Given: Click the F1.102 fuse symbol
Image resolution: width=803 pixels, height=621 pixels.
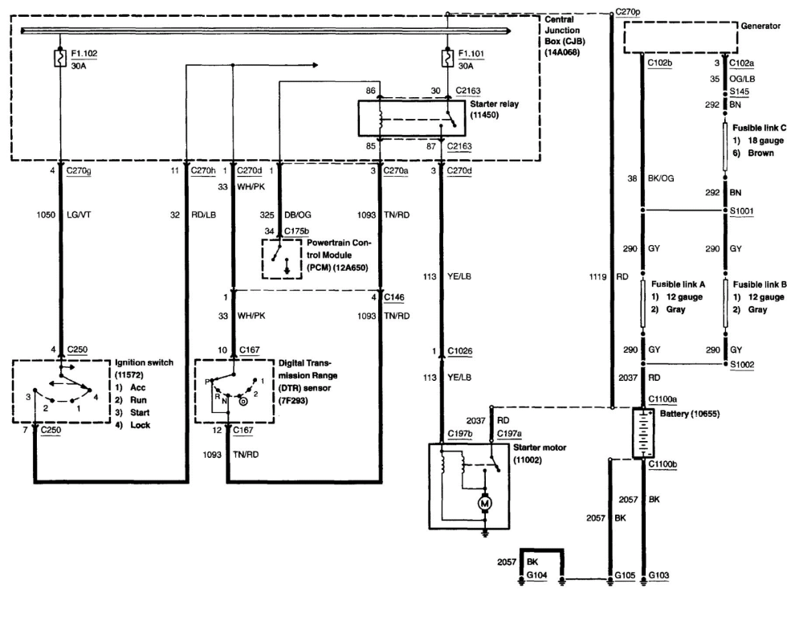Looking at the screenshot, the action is click(60, 58).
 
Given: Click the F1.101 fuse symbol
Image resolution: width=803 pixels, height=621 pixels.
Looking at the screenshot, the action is click(447, 58).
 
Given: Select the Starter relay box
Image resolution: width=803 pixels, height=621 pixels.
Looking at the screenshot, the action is click(412, 118).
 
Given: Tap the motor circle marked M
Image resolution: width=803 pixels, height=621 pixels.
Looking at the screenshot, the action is click(484, 504).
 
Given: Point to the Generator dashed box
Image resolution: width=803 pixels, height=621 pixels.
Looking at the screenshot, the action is click(681, 38).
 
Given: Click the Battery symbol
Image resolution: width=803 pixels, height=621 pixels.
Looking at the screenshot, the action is click(643, 433).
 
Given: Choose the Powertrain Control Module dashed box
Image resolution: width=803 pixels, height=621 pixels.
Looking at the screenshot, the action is click(282, 259).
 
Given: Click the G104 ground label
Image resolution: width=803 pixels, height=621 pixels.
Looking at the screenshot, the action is click(536, 575).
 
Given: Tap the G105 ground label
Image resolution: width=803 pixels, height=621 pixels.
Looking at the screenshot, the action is click(625, 575).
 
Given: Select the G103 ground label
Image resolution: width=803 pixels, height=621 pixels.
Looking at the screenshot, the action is click(658, 575).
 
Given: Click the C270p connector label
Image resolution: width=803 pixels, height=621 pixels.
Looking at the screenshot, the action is click(628, 11).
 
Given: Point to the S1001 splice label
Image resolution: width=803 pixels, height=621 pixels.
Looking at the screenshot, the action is click(741, 210).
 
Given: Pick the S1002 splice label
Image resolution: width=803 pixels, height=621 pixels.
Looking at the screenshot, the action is click(742, 364).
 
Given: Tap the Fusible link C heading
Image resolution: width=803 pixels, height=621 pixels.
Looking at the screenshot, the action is click(759, 128).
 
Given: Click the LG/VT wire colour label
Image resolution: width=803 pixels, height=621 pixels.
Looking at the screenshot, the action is click(79, 214).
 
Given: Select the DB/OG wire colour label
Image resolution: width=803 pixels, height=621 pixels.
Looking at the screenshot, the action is click(298, 214).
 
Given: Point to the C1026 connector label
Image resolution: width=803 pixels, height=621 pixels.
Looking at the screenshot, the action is click(460, 351).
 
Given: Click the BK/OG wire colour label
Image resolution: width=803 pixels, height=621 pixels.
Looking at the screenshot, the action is click(661, 178).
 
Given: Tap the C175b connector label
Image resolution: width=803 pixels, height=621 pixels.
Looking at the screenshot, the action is click(296, 231).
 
